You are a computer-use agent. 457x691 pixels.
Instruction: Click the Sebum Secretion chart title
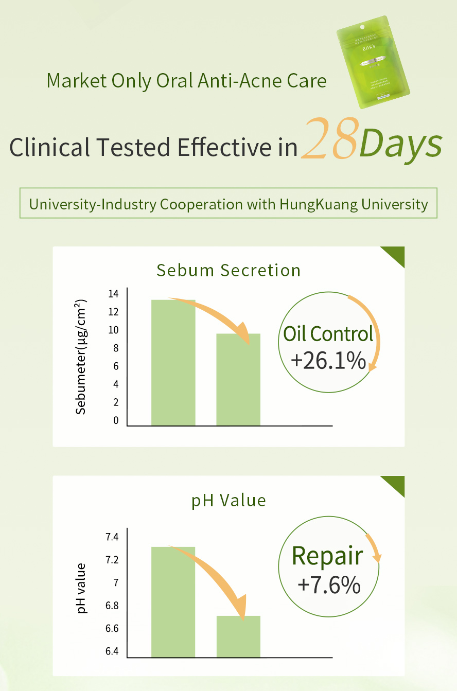tap(228, 270)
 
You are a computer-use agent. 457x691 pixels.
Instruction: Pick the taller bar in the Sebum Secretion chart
tap(173, 362)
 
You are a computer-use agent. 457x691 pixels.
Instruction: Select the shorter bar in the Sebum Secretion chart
tap(238, 380)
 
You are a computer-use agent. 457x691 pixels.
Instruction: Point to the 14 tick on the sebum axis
tap(113, 294)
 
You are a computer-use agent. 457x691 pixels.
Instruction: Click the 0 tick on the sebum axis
tap(116, 420)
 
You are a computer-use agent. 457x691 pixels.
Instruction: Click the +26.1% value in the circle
tap(328, 361)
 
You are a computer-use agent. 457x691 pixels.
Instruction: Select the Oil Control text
tap(328, 334)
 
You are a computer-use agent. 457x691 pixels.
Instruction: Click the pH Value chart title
tap(228, 500)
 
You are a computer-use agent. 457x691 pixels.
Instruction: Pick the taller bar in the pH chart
tap(173, 602)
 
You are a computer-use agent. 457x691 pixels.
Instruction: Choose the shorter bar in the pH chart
tap(238, 636)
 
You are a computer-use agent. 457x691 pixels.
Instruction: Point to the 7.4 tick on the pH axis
tap(112, 537)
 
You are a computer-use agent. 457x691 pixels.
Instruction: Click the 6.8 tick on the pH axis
tap(112, 606)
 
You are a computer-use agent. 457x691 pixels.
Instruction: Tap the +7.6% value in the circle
tap(329, 585)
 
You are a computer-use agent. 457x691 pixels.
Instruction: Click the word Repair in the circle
tap(327, 556)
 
